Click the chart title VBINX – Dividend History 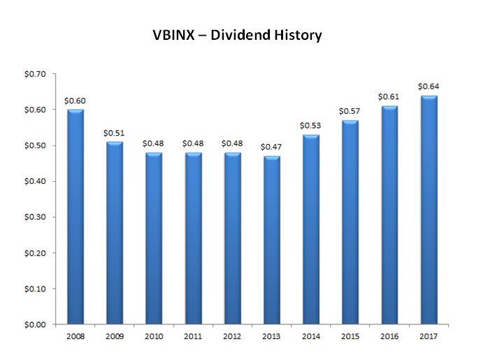(237, 35)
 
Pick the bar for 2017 (429, 210)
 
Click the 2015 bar (350, 222)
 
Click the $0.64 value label (429, 87)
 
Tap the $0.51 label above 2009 (113, 133)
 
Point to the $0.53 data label (310, 126)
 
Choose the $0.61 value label (389, 97)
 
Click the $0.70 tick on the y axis (34, 74)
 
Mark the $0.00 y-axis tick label (34, 324)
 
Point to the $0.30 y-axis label (34, 217)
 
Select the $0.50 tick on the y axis (34, 146)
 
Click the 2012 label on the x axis (231, 336)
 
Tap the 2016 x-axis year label (389, 336)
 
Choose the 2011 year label (192, 336)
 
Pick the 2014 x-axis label (310, 336)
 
